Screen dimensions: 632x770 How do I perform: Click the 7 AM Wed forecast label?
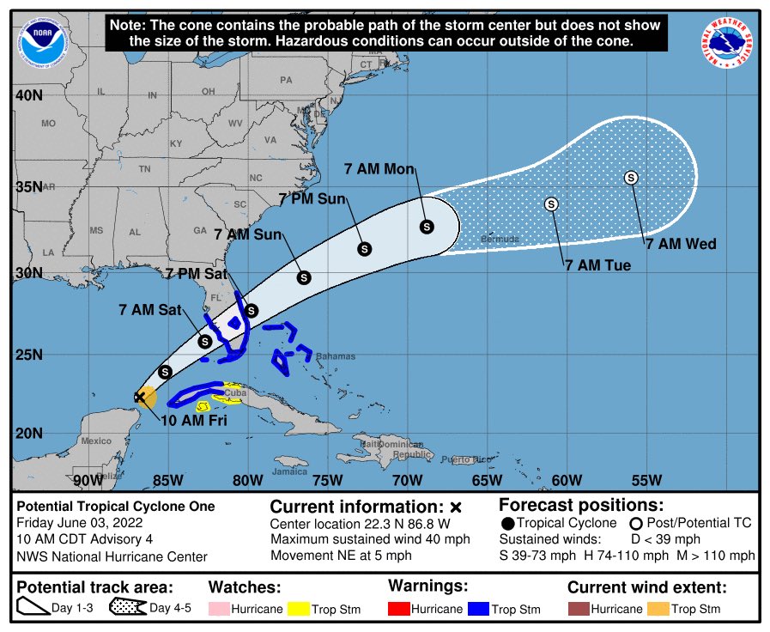pos(681,245)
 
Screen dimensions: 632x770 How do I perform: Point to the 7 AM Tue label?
pos(597,266)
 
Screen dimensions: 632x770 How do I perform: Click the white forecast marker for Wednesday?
pos(631,178)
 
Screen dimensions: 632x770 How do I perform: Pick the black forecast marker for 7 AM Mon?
pos(427,227)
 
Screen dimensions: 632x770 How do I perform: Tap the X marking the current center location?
pos(139,397)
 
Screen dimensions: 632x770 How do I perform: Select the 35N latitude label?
pos(29,187)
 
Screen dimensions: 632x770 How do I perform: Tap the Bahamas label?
pos(335,356)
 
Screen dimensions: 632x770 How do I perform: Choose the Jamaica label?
pos(289,471)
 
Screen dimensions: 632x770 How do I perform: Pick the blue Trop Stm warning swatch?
pos(476,609)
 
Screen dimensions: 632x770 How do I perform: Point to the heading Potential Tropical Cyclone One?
pos(116,507)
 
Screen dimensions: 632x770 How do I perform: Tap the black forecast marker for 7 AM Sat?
pos(204,341)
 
